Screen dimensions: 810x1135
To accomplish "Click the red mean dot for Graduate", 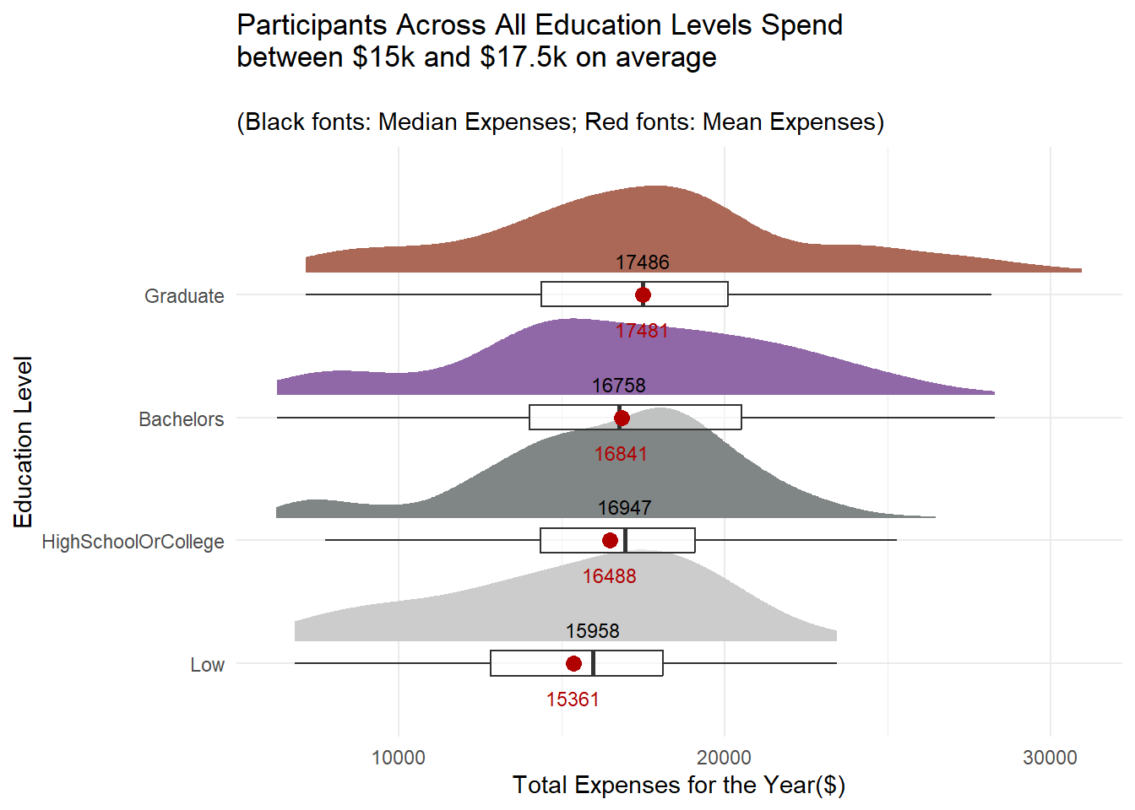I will click(x=643, y=294).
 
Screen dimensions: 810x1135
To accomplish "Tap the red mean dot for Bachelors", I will click(x=622, y=418).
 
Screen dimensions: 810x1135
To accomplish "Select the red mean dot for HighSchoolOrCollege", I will click(x=610, y=540).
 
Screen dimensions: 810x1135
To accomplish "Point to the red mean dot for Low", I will click(x=573, y=663).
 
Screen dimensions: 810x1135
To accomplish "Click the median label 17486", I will click(x=642, y=262).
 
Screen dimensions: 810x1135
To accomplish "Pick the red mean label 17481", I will click(x=642, y=331).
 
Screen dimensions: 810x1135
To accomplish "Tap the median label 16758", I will click(x=618, y=386).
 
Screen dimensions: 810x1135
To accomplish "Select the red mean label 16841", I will click(x=620, y=454).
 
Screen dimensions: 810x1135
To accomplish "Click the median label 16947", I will click(x=624, y=508).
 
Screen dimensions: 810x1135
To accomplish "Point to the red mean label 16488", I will click(x=609, y=576).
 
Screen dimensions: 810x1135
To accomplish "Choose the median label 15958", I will click(x=592, y=631).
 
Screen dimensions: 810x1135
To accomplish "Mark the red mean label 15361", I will click(x=573, y=699).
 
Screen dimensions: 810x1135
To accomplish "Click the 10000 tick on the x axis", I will click(x=399, y=758).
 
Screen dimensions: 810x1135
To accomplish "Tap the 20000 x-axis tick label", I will click(x=725, y=758).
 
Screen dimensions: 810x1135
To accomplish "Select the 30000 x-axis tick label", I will click(x=1050, y=758).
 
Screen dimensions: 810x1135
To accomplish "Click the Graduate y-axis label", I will click(x=184, y=296).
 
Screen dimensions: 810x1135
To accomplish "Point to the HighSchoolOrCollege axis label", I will click(x=133, y=542).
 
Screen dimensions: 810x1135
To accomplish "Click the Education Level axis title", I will click(x=23, y=441).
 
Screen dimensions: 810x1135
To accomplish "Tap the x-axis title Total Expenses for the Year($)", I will click(x=678, y=786).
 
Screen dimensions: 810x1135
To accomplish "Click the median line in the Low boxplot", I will click(x=594, y=663).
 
